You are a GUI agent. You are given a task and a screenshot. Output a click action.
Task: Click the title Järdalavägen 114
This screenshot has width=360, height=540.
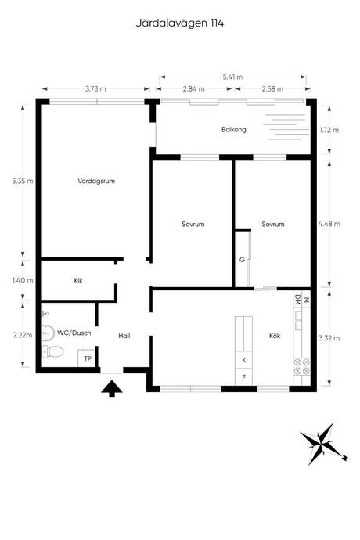pyautogui.click(x=180, y=23)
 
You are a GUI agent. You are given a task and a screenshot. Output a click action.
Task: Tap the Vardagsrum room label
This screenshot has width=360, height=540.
pyautogui.click(x=96, y=181)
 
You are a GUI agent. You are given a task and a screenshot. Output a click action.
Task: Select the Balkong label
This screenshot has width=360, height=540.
pyautogui.click(x=233, y=130)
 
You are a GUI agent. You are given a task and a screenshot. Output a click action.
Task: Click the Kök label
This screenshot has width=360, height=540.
pyautogui.click(x=275, y=336)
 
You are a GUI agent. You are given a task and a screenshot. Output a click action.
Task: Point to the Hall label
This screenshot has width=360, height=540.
pyautogui.click(x=124, y=336)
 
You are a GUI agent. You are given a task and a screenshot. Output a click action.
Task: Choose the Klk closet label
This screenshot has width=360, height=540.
pyautogui.click(x=78, y=281)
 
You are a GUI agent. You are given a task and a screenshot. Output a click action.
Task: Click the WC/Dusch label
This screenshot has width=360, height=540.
pyautogui.click(x=74, y=333)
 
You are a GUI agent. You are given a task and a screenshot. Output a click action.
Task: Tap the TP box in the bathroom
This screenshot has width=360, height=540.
pyautogui.click(x=88, y=358)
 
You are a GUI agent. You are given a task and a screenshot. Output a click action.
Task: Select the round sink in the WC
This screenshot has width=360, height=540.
pyautogui.click(x=49, y=333)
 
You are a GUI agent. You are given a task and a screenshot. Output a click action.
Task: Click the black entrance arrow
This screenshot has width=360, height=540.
pyautogui.click(x=112, y=388)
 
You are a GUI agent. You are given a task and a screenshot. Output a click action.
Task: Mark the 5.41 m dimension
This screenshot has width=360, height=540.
pyautogui.click(x=232, y=77)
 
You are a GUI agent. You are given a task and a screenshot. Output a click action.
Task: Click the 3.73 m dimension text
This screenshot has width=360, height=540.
pyautogui.click(x=95, y=89)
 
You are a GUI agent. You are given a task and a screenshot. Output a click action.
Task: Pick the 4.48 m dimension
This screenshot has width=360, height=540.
pyautogui.click(x=329, y=224)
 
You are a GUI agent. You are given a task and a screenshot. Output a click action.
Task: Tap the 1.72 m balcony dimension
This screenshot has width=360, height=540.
pyautogui.click(x=329, y=130)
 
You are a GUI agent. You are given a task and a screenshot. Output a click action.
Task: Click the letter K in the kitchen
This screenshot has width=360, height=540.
pyautogui.click(x=244, y=360)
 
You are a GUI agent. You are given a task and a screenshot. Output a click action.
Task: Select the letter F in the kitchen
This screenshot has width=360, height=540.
pyautogui.click(x=244, y=377)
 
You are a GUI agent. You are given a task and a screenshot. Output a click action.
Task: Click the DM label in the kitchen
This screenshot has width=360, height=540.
pyautogui.click(x=297, y=301)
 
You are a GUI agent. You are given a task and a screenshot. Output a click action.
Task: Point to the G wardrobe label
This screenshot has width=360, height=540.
pyautogui.click(x=242, y=260)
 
